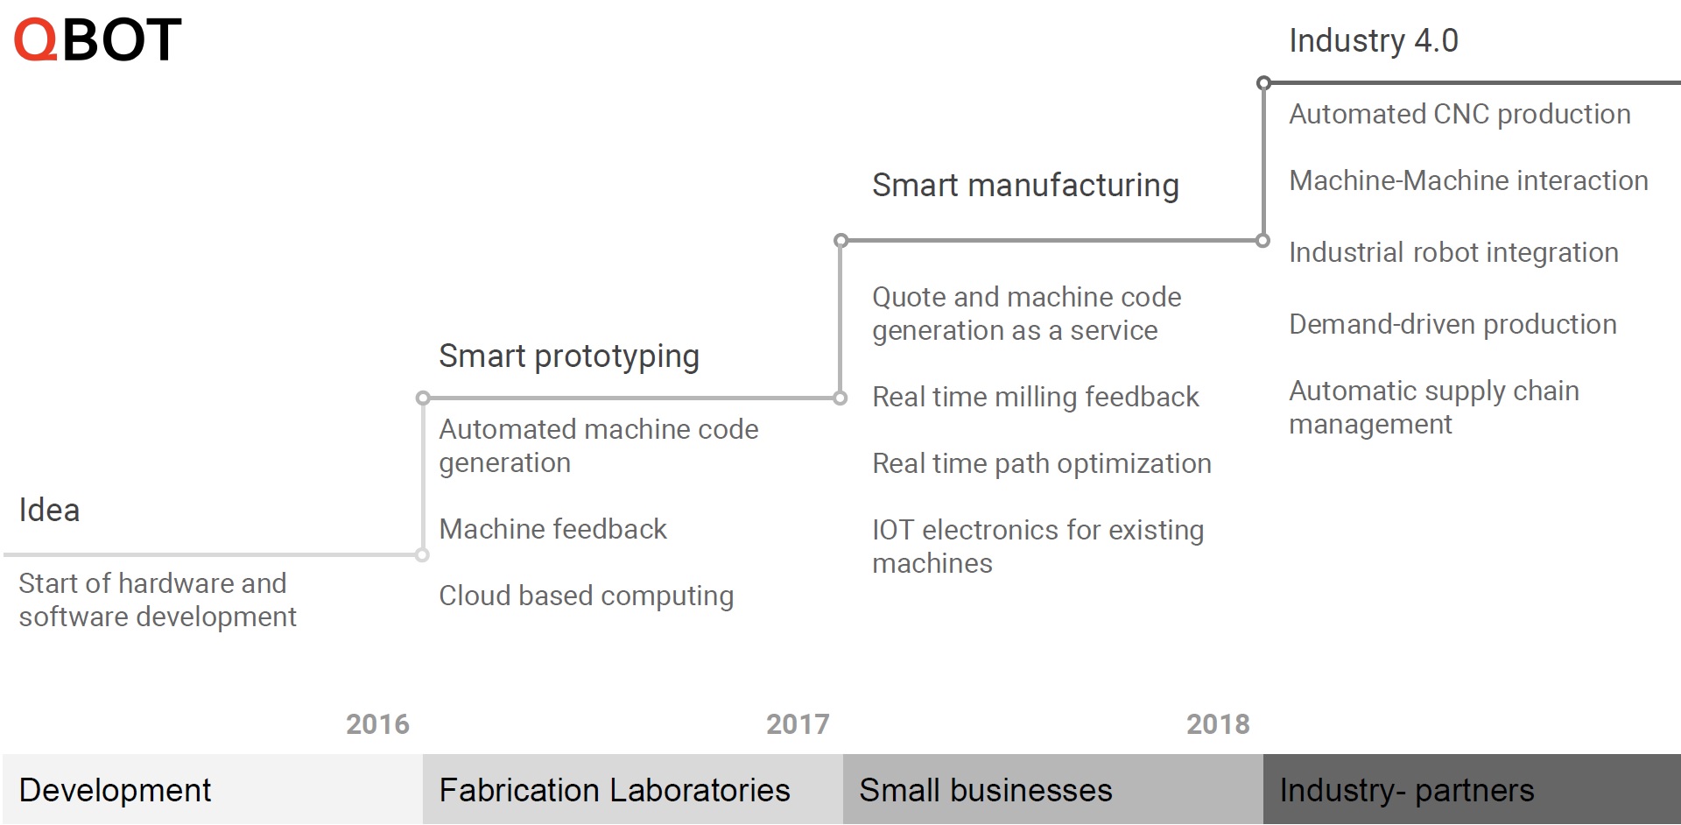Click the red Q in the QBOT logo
36,40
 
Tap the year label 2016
377,724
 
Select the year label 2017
798,724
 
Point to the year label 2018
1218,724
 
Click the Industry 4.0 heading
1373,41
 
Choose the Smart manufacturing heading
1025,187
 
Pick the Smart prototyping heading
569,357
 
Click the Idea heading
49,511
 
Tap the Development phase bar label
115,791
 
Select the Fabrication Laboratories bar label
615,791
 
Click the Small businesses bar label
986,791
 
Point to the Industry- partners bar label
1407,791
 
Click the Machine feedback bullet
552,529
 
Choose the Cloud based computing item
586,596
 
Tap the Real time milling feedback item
1035,398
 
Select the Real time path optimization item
1042,464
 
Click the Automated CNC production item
1459,115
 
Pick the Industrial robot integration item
1453,253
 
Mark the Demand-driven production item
1452,325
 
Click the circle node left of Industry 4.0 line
1263,83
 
